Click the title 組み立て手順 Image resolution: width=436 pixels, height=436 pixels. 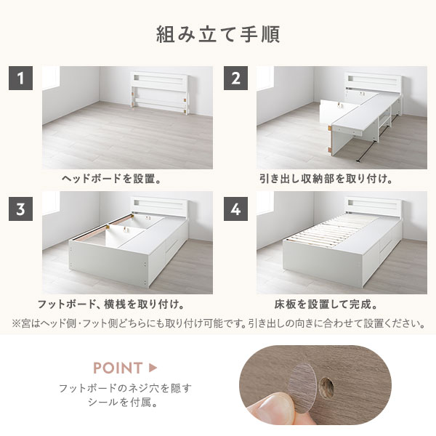point(218,34)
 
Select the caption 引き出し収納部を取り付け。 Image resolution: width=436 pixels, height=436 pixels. point(326,177)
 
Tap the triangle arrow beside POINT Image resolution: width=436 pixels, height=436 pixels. point(153,368)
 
